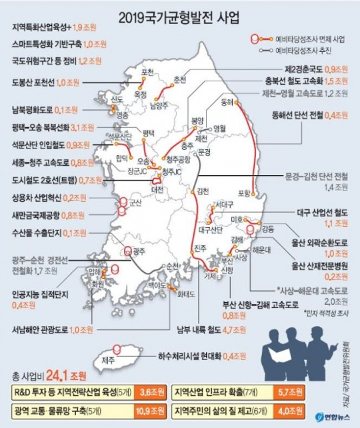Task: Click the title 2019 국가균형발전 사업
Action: pos(180,15)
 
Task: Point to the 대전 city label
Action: pos(158,188)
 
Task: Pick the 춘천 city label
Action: pos(179,79)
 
